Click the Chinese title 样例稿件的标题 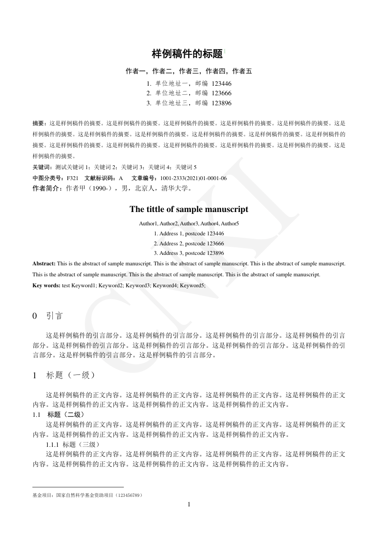click(x=187, y=54)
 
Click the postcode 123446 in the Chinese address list click(x=221, y=83)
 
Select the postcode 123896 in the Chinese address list click(x=221, y=103)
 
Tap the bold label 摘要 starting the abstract click(x=39, y=122)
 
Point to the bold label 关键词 click(x=42, y=167)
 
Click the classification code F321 click(x=72, y=178)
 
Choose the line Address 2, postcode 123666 click(x=189, y=243)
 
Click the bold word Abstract click(x=44, y=263)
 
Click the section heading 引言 click(x=54, y=316)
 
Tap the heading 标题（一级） click(x=71, y=375)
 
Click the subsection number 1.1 click(x=36, y=414)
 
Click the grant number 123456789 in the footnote click(x=128, y=495)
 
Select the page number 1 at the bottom click(x=189, y=505)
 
